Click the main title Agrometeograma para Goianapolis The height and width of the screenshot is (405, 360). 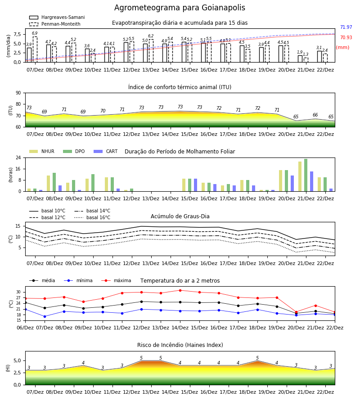click(180, 8)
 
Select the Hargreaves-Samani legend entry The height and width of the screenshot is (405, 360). click(57, 17)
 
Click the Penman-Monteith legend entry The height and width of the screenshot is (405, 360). click(55, 24)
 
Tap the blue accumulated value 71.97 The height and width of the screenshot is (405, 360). click(346, 27)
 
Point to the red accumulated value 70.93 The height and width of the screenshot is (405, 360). click(346, 37)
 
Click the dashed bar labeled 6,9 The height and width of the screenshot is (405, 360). click(35, 49)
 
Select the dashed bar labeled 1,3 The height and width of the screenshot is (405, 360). click(306, 60)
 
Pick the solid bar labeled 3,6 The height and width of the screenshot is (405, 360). click(87, 55)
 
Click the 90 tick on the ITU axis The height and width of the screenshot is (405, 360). click(18, 93)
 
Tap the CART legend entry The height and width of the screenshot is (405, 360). click(105, 151)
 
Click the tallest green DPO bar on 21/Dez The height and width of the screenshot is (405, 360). click(306, 175)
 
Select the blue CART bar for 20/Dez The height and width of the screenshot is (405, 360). click(292, 184)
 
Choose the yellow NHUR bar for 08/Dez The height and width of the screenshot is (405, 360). click(48, 184)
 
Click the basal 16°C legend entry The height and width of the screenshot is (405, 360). click(92, 217)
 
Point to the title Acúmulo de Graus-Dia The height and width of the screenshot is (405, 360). click(180, 216)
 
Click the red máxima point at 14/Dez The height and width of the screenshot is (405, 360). click(180, 290)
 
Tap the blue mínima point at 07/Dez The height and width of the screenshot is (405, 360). click(45, 316)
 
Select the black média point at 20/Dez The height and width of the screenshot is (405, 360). click(296, 313)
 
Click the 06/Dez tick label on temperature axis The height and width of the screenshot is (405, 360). click(25, 328)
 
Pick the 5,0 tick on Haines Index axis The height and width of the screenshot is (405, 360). click(18, 361)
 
